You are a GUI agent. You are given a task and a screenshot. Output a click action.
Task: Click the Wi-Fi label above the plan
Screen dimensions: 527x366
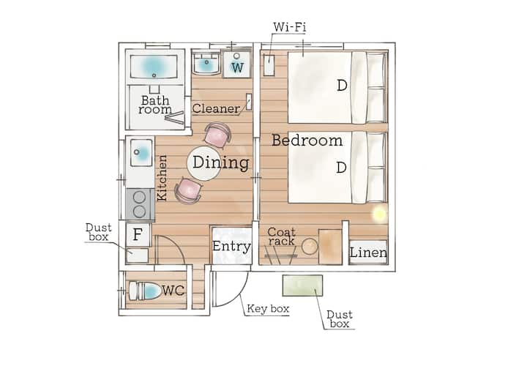[x=290, y=27]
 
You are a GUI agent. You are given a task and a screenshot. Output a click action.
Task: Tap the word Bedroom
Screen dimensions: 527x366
[x=307, y=140]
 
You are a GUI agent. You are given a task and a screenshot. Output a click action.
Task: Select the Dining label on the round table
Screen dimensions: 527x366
[x=221, y=163]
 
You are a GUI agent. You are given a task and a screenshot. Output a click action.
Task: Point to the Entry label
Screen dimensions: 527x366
[x=231, y=247]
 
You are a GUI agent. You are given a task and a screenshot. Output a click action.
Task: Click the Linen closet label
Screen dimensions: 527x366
[x=368, y=253]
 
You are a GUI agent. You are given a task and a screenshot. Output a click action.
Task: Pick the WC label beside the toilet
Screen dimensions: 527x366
[x=173, y=291]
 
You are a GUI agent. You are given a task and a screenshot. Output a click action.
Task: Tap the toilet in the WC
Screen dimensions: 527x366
[x=145, y=291]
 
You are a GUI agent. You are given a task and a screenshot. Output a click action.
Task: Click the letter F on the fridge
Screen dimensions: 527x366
[x=137, y=234]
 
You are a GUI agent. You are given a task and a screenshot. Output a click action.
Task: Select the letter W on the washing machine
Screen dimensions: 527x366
[x=237, y=67]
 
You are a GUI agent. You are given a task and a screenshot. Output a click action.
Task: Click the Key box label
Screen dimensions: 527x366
[x=268, y=309]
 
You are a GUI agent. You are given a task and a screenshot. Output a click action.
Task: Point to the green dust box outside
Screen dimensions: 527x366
[x=302, y=285]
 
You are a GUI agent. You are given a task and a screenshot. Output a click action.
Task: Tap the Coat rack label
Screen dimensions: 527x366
[x=282, y=236]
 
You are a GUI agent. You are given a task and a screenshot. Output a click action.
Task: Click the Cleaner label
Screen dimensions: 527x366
[x=216, y=108]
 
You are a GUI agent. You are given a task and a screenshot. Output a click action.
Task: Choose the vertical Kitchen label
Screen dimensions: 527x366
[x=162, y=178]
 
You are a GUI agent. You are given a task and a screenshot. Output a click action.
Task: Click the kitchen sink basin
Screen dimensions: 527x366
[x=141, y=152]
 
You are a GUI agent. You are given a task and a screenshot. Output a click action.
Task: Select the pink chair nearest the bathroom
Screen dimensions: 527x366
[x=218, y=135]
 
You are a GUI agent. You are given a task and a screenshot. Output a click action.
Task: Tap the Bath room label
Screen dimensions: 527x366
[x=155, y=105]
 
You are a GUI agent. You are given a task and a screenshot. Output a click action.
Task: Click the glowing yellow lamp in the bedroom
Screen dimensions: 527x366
[x=380, y=213]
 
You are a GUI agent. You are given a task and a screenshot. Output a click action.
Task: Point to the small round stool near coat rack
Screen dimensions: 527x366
[x=310, y=247]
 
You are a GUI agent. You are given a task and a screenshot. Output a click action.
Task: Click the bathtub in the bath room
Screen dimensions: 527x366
[x=154, y=67]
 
